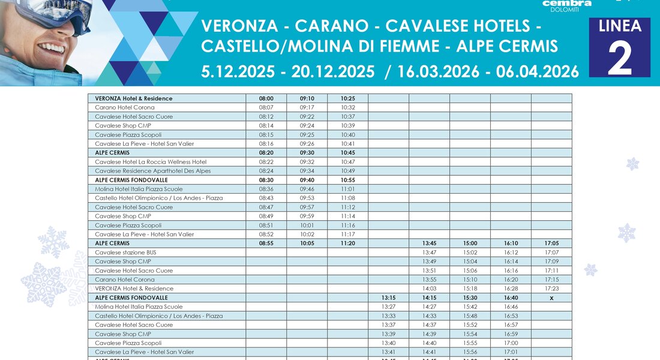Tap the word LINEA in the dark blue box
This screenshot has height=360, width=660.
click(x=620, y=26)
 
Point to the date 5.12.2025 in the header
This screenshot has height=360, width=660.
click(x=238, y=72)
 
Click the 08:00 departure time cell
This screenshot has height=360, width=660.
click(x=266, y=98)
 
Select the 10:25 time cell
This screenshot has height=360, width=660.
click(x=348, y=98)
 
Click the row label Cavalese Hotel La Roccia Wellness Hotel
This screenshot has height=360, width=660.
click(x=151, y=162)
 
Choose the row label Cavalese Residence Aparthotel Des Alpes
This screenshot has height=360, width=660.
click(x=152, y=171)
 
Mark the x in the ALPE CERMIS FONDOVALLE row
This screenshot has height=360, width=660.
click(x=551, y=298)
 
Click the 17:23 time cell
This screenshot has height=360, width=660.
click(x=551, y=289)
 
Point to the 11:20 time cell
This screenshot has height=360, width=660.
click(x=348, y=244)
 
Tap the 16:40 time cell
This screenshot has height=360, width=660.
click(x=511, y=298)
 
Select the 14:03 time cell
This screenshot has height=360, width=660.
click(x=430, y=289)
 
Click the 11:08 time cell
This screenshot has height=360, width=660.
click(x=348, y=198)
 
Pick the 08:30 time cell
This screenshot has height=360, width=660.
click(x=266, y=180)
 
